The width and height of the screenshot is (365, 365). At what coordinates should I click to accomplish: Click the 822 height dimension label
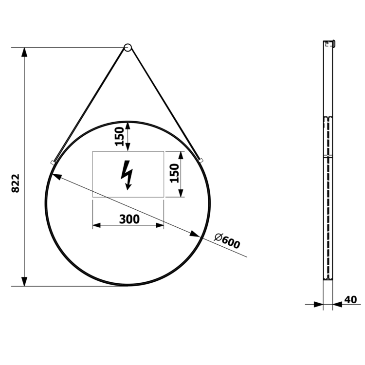tap(16, 183)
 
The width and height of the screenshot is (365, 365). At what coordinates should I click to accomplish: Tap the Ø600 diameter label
tap(227, 241)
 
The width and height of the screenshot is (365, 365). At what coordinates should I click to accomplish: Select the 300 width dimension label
tap(129, 219)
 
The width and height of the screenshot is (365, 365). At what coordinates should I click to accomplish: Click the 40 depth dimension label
tap(350, 300)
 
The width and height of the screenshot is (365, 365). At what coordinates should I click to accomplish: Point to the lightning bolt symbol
tap(127, 175)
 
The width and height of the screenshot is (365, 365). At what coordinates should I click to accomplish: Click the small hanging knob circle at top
tap(128, 48)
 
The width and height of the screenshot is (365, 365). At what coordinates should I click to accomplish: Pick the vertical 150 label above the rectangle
tap(119, 136)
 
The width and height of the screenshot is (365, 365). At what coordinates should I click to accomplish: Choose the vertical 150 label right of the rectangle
tap(174, 173)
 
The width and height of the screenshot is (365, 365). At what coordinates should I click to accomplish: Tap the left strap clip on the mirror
tap(53, 162)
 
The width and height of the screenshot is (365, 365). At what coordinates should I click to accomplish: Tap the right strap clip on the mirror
tap(201, 161)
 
